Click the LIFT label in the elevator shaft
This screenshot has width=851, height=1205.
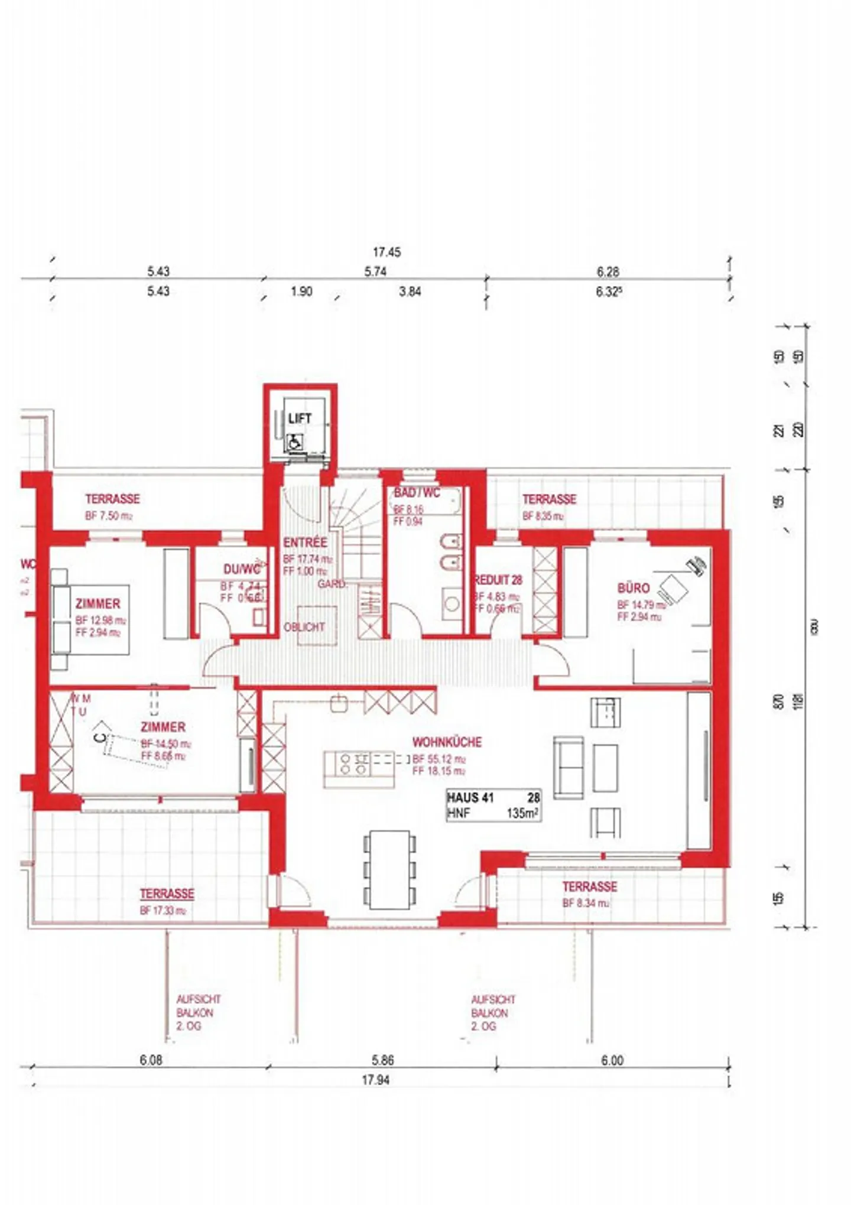[x=300, y=418]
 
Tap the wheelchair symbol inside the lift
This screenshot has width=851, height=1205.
[x=295, y=441]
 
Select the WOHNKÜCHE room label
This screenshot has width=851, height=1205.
[x=447, y=742]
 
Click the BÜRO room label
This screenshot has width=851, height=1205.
[x=633, y=588]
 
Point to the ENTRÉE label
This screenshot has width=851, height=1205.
[x=305, y=543]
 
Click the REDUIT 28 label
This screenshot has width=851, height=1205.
[x=498, y=580]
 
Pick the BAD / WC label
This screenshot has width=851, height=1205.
[x=417, y=493]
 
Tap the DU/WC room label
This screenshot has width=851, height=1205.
[x=241, y=570]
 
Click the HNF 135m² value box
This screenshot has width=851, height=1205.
[x=493, y=806]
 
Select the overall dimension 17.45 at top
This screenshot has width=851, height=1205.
[x=386, y=252]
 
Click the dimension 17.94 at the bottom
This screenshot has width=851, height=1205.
[x=376, y=1080]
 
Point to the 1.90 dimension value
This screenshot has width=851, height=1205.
[x=301, y=291]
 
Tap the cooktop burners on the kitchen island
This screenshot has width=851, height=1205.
[x=353, y=764]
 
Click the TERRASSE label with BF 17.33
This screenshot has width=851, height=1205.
[x=167, y=894]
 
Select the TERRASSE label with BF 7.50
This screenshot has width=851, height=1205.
[x=112, y=499]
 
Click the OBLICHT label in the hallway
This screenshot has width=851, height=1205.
[x=304, y=627]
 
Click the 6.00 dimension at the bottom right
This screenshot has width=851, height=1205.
[x=612, y=1060]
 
